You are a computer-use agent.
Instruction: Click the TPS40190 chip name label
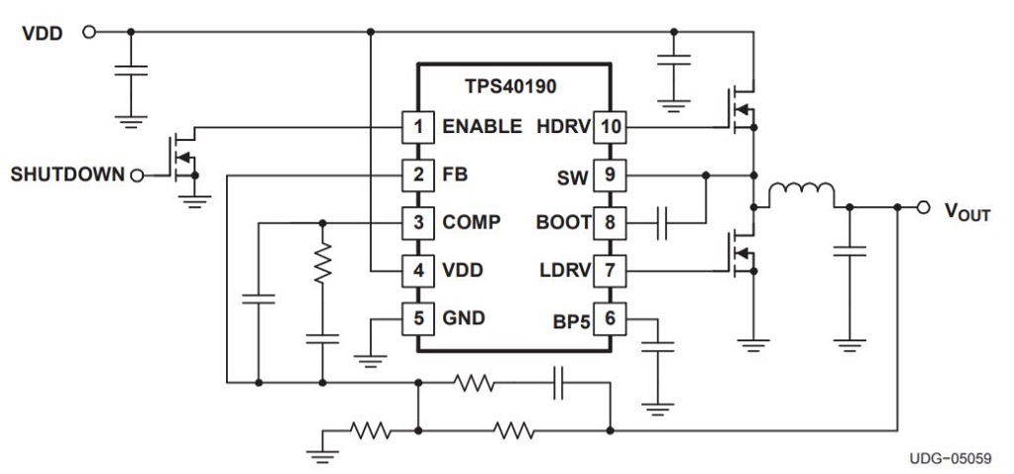[x=510, y=86]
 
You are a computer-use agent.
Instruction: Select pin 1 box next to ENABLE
[x=417, y=127]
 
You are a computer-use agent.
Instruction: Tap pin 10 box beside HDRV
[x=609, y=127]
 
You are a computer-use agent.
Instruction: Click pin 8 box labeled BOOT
[x=609, y=223]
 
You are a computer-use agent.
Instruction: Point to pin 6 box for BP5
[x=609, y=319]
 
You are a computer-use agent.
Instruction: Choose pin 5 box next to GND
[x=417, y=319]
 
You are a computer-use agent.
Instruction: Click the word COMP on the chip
[x=471, y=223]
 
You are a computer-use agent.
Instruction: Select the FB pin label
[x=455, y=176]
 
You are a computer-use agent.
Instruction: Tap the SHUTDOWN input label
[x=67, y=176]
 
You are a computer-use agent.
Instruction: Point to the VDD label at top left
[x=43, y=34]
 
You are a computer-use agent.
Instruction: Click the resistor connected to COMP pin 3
[x=322, y=266]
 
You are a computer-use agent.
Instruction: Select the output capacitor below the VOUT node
[x=849, y=252]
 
